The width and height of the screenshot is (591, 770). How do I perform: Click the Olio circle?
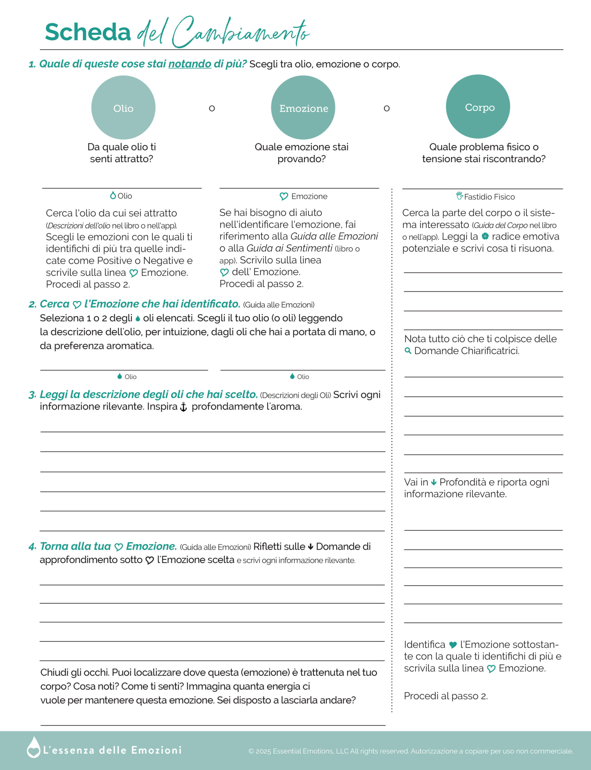[123, 108]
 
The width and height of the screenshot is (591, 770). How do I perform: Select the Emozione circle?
[303, 108]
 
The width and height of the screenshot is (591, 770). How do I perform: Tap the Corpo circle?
[478, 106]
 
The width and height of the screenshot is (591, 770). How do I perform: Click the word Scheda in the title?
[88, 32]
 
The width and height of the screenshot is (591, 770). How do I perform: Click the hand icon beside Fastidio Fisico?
[459, 196]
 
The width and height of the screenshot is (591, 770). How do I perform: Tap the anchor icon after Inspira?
[183, 407]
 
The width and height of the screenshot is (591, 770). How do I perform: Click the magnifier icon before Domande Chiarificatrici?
[408, 350]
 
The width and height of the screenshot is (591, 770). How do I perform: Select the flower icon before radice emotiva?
[485, 236]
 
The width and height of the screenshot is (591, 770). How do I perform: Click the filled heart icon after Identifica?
[453, 645]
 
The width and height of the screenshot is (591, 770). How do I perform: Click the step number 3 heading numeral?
[32, 395]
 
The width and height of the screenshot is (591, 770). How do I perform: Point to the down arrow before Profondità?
[434, 482]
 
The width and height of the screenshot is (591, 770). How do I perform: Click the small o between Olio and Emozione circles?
[212, 108]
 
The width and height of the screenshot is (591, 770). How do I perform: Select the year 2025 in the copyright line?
[263, 751]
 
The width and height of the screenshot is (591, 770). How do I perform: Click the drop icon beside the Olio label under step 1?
[113, 196]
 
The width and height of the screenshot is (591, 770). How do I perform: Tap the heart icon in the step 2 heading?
[77, 304]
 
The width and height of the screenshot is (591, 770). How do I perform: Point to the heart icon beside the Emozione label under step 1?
[284, 196]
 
